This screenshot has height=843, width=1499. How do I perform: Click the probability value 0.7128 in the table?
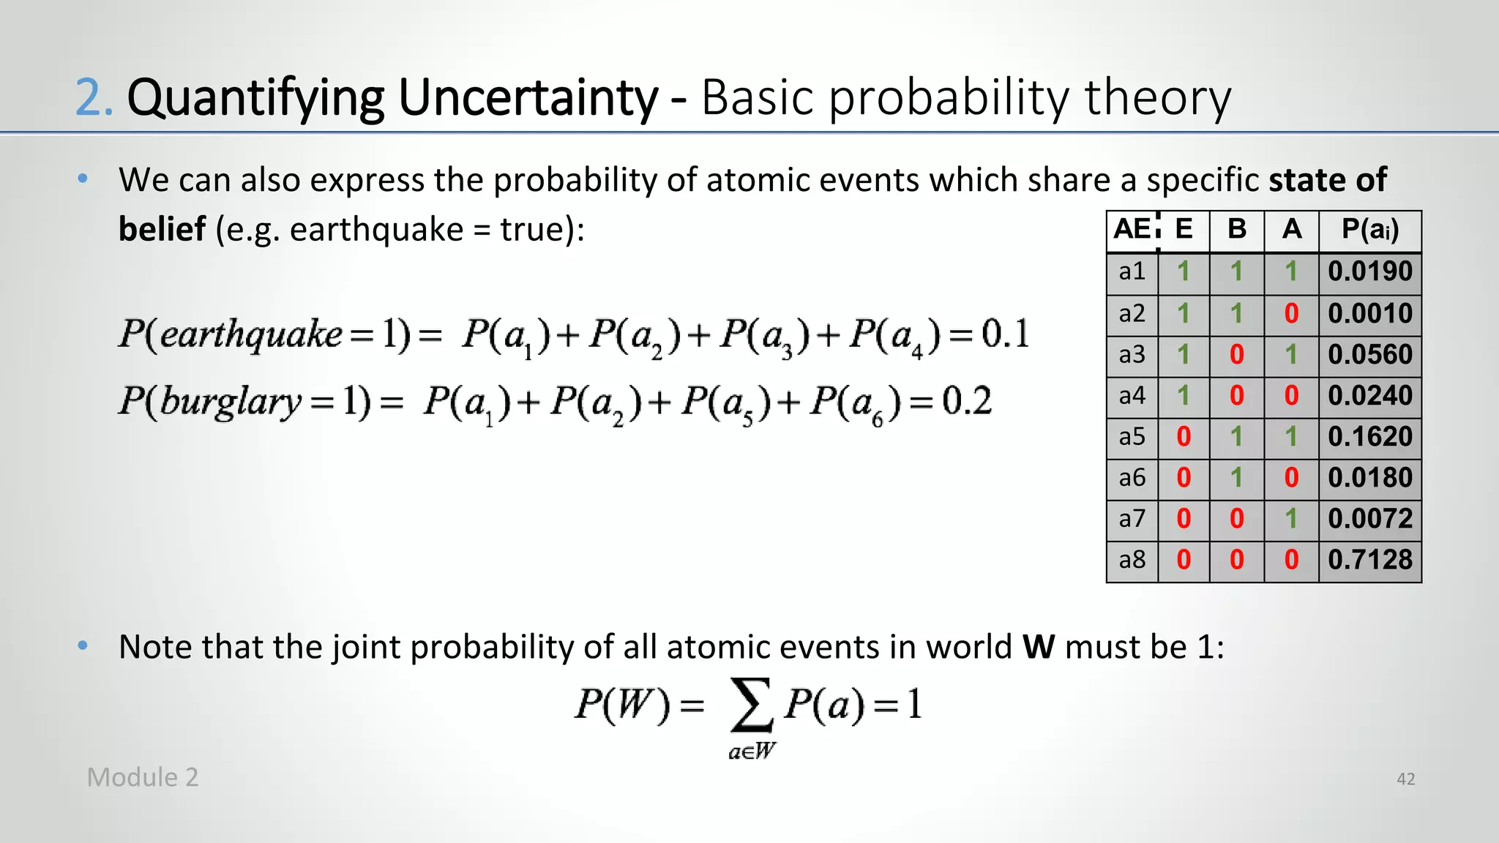[1369, 560]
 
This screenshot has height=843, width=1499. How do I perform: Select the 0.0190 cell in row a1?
[1369, 271]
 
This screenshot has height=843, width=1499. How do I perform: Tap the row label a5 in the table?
[1132, 437]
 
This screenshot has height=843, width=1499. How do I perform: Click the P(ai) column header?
[1369, 230]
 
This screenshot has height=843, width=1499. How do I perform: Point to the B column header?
[1237, 230]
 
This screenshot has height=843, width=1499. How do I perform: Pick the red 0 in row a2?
[1291, 314]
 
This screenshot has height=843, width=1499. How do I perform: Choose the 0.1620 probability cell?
[1369, 437]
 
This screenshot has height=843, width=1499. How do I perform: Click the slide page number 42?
[1405, 779]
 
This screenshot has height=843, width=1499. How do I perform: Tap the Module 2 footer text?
[143, 777]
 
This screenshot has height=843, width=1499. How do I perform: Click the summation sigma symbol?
[751, 705]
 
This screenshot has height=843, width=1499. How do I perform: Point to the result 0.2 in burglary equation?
[967, 401]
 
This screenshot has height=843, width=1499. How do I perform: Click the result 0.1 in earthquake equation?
[1006, 334]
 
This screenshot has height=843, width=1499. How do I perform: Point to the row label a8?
[1132, 560]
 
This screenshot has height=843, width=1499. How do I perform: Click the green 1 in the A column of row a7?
[1291, 519]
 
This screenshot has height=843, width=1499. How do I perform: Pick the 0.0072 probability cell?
[1369, 519]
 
